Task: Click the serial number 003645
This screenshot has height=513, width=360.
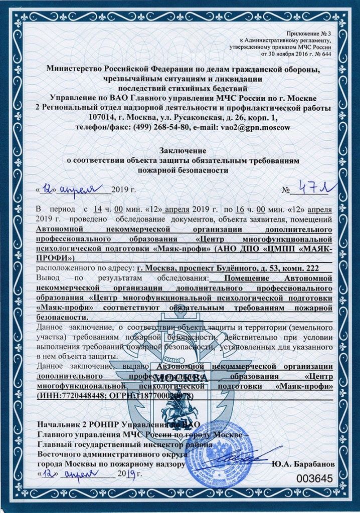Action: coord(315,478)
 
